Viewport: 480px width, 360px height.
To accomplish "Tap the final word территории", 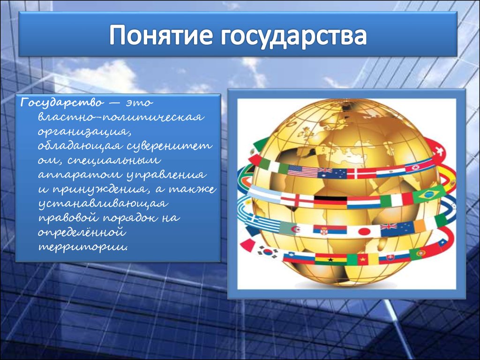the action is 82,247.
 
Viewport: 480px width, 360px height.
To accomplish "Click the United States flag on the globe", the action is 303,171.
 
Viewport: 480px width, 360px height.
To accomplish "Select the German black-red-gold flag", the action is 330,202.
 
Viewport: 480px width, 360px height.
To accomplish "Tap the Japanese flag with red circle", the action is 364,232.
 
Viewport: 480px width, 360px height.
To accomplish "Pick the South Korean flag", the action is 268,252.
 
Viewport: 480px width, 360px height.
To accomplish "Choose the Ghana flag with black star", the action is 330,260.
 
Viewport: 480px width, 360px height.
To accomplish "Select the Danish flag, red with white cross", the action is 361,173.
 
